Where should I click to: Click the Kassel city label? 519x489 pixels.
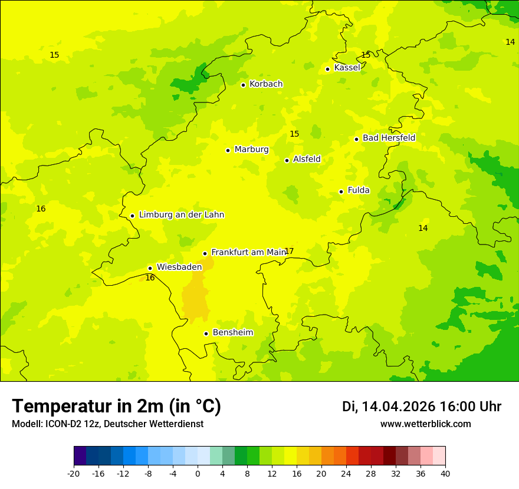(x=347, y=68)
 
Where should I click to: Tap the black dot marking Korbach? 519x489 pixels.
(x=243, y=85)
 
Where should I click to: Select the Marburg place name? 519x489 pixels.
(x=251, y=150)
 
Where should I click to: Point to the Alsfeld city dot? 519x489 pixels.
(x=287, y=160)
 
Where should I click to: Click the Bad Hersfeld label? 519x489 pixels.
(x=389, y=138)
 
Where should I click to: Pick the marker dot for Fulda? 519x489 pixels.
(x=341, y=191)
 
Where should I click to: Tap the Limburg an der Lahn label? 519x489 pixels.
(x=181, y=215)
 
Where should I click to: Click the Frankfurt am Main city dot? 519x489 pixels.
(x=205, y=253)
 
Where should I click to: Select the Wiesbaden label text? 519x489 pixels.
(x=179, y=267)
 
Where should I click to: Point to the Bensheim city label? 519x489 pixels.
(x=232, y=333)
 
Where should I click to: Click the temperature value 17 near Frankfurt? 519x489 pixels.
(x=289, y=252)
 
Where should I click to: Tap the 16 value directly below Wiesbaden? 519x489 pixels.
(x=150, y=277)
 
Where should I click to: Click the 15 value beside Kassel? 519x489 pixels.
(x=366, y=55)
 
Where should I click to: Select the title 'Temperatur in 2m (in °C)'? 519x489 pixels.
(x=116, y=407)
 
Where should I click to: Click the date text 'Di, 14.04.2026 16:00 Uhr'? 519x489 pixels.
(x=422, y=407)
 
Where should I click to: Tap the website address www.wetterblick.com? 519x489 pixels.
(x=425, y=424)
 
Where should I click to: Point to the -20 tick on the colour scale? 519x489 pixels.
(x=74, y=473)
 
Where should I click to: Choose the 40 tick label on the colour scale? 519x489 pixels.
(x=445, y=473)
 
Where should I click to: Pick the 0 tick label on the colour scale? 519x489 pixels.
(x=198, y=473)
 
